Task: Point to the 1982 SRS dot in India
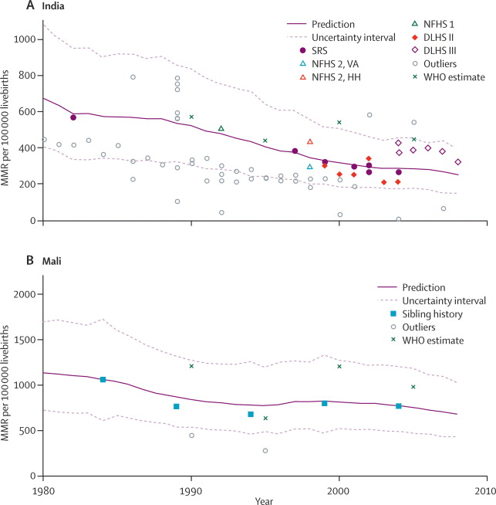click(73, 117)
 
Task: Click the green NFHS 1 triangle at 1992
click(221, 128)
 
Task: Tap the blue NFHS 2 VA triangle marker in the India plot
click(310, 167)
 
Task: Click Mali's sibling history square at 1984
click(103, 380)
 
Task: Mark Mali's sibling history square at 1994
click(251, 415)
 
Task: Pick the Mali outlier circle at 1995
click(265, 451)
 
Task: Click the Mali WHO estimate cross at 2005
click(413, 387)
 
